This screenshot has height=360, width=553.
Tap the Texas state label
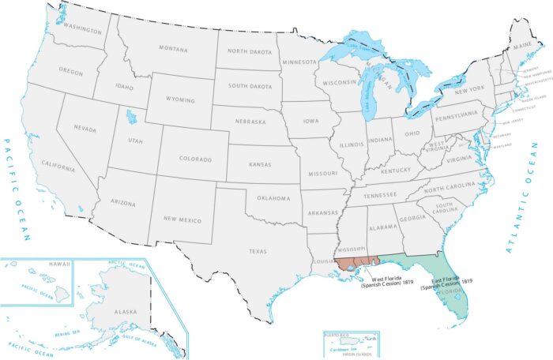258,252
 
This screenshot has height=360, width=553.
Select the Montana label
173,49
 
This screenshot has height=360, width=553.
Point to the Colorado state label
196,159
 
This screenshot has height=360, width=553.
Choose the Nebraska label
253,122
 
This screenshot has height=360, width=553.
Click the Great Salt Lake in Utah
130,118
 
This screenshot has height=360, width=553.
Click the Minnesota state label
300,62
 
